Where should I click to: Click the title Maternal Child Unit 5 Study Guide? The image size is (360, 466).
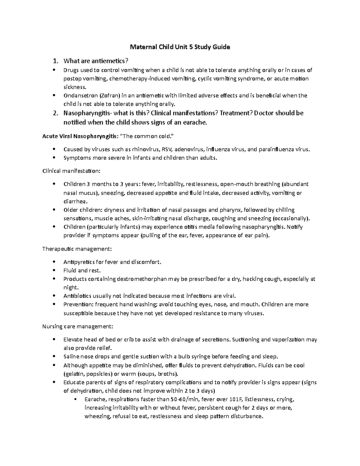point(180,47)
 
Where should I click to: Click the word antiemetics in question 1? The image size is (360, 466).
point(111,61)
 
